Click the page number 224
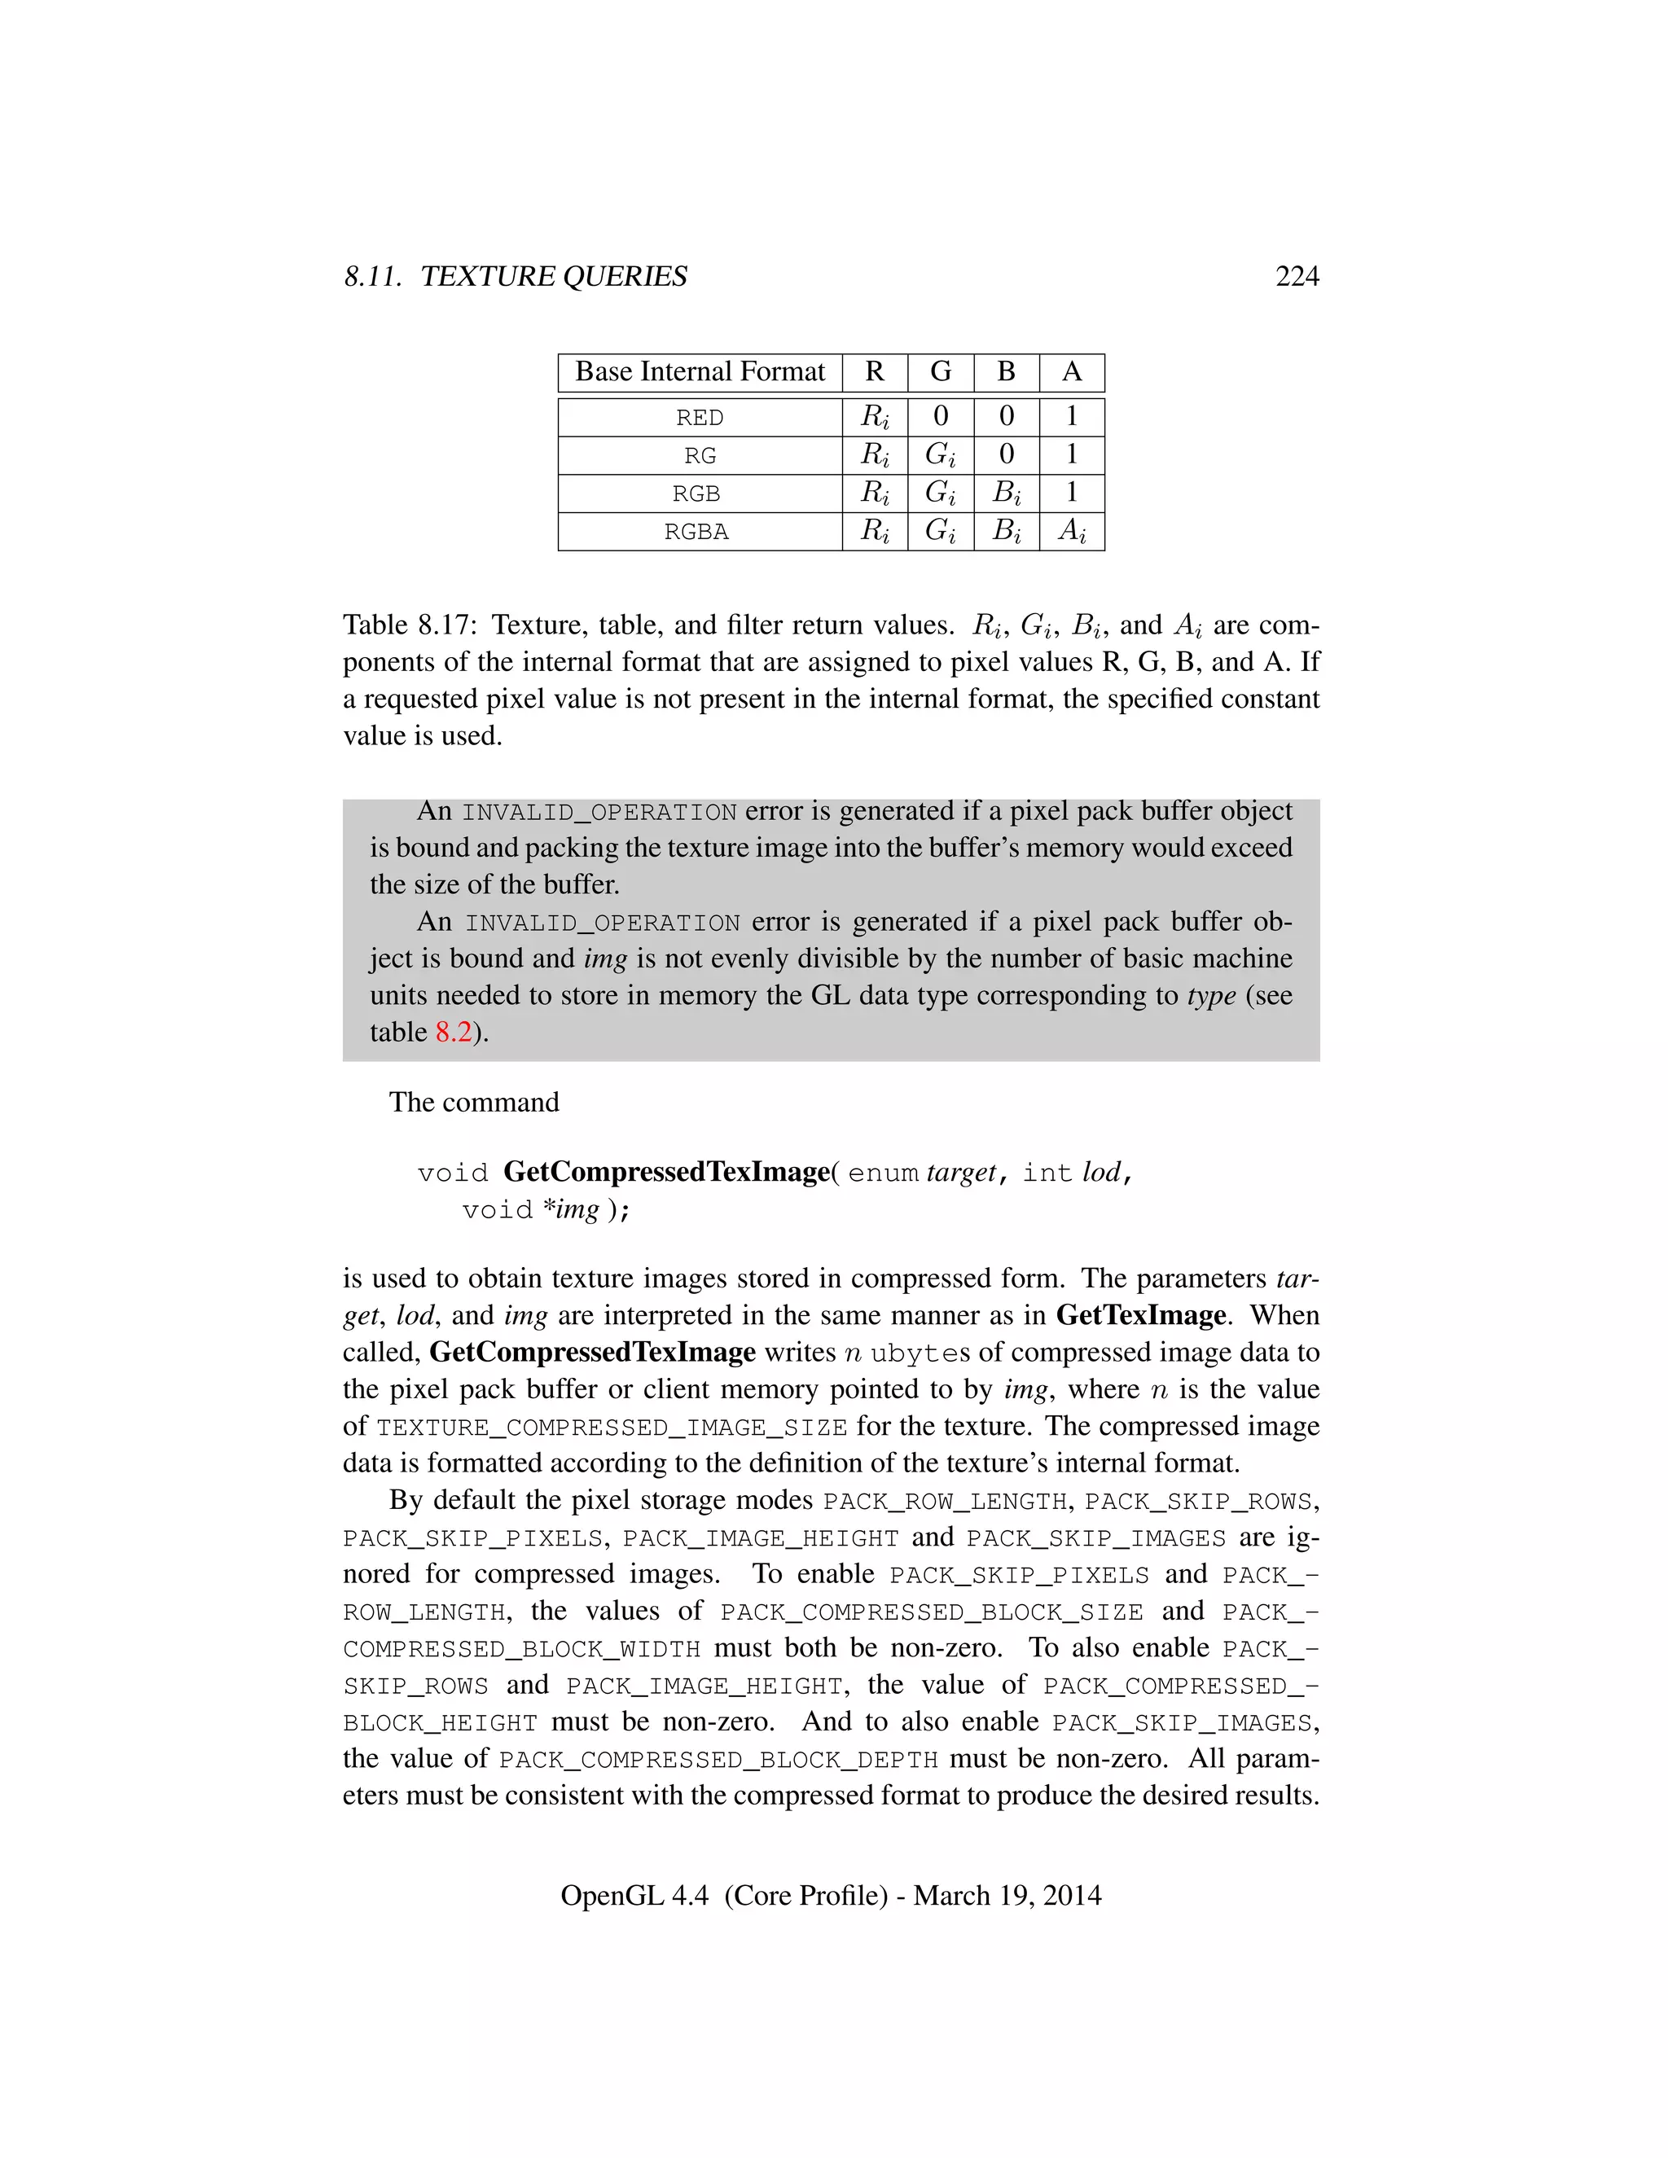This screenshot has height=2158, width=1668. tap(1297, 277)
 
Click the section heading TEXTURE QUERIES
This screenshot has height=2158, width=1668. tap(553, 277)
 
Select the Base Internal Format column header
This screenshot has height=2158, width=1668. tap(700, 372)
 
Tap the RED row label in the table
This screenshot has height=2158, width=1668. tap(700, 418)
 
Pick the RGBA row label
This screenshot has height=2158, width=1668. tap(696, 532)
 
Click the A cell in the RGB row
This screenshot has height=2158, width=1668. tap(1071, 492)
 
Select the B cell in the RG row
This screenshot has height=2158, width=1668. tap(1006, 454)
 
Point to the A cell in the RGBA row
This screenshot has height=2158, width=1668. tap(1071, 532)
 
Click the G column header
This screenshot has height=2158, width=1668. tap(940, 372)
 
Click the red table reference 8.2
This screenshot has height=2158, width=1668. tap(454, 1033)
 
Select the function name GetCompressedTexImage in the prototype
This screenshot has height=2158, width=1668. tap(666, 1172)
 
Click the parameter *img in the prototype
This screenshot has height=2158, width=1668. tap(571, 1209)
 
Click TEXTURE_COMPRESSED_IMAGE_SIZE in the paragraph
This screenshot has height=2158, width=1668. tap(612, 1428)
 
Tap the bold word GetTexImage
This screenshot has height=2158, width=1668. tap(1140, 1315)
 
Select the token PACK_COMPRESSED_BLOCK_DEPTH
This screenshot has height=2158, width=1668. tap(718, 1760)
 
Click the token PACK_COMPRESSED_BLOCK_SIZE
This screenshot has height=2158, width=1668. tap(931, 1612)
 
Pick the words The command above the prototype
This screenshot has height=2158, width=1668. tap(474, 1103)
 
